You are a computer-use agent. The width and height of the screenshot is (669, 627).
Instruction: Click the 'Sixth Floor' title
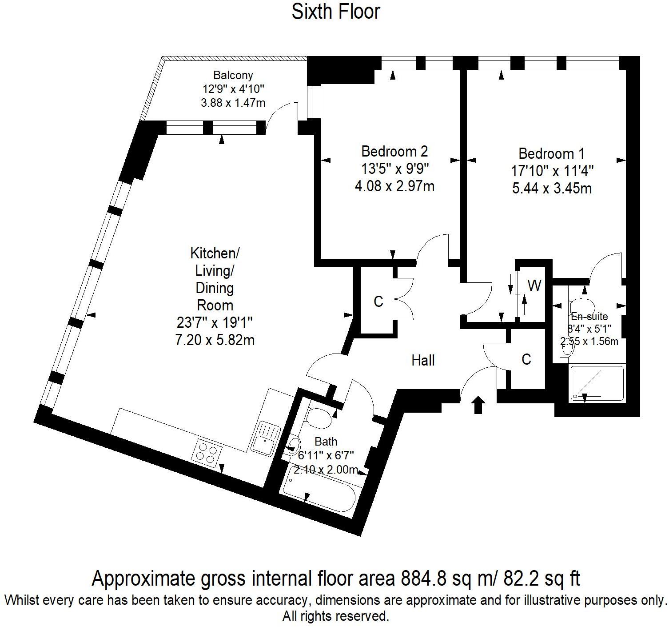335,12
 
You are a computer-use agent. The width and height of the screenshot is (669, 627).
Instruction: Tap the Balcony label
233,75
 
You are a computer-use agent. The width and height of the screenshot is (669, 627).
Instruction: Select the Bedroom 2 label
394,152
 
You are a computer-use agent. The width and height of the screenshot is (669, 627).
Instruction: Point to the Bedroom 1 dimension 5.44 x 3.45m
552,188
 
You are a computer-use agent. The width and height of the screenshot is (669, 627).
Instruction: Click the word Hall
423,361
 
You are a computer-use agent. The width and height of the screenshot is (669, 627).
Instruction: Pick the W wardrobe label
534,285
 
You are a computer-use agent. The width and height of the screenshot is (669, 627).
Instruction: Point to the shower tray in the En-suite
597,383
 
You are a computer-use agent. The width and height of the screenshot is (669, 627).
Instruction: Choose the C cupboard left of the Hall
378,301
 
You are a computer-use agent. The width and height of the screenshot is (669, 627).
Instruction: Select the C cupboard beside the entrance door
526,360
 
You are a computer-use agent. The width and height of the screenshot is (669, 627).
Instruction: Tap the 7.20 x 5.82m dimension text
215,340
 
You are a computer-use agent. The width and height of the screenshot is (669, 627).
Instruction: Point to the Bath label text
326,441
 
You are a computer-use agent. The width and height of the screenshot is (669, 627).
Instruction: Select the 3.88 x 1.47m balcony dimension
233,103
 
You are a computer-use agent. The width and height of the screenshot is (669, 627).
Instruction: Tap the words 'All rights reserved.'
335,616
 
